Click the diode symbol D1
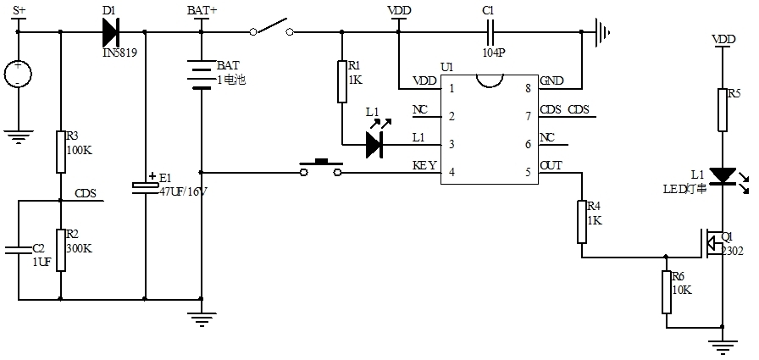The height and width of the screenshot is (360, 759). click(x=111, y=32)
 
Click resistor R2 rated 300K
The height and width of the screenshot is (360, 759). click(x=61, y=249)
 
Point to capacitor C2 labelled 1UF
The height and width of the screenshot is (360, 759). click(x=18, y=249)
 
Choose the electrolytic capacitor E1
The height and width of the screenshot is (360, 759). click(x=145, y=187)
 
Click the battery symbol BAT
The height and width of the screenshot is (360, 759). click(x=201, y=74)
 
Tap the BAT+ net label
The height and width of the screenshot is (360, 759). click(x=202, y=11)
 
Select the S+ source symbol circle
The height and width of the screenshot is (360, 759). click(x=17, y=73)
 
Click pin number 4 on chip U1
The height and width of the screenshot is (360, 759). click(x=452, y=171)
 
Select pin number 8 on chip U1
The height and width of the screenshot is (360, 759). click(x=529, y=88)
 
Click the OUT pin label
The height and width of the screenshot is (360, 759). click(x=551, y=166)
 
